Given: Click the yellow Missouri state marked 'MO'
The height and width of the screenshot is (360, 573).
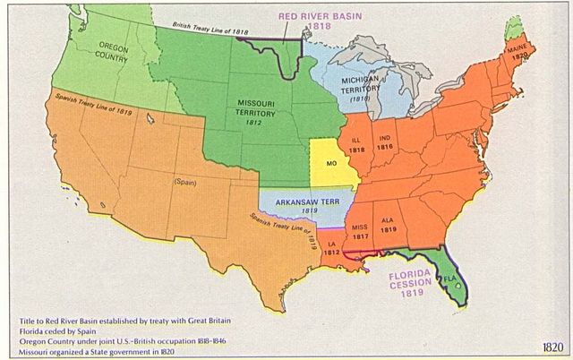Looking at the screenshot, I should (x=330, y=166).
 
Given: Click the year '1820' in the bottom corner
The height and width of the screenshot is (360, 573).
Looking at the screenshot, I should (x=552, y=347).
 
